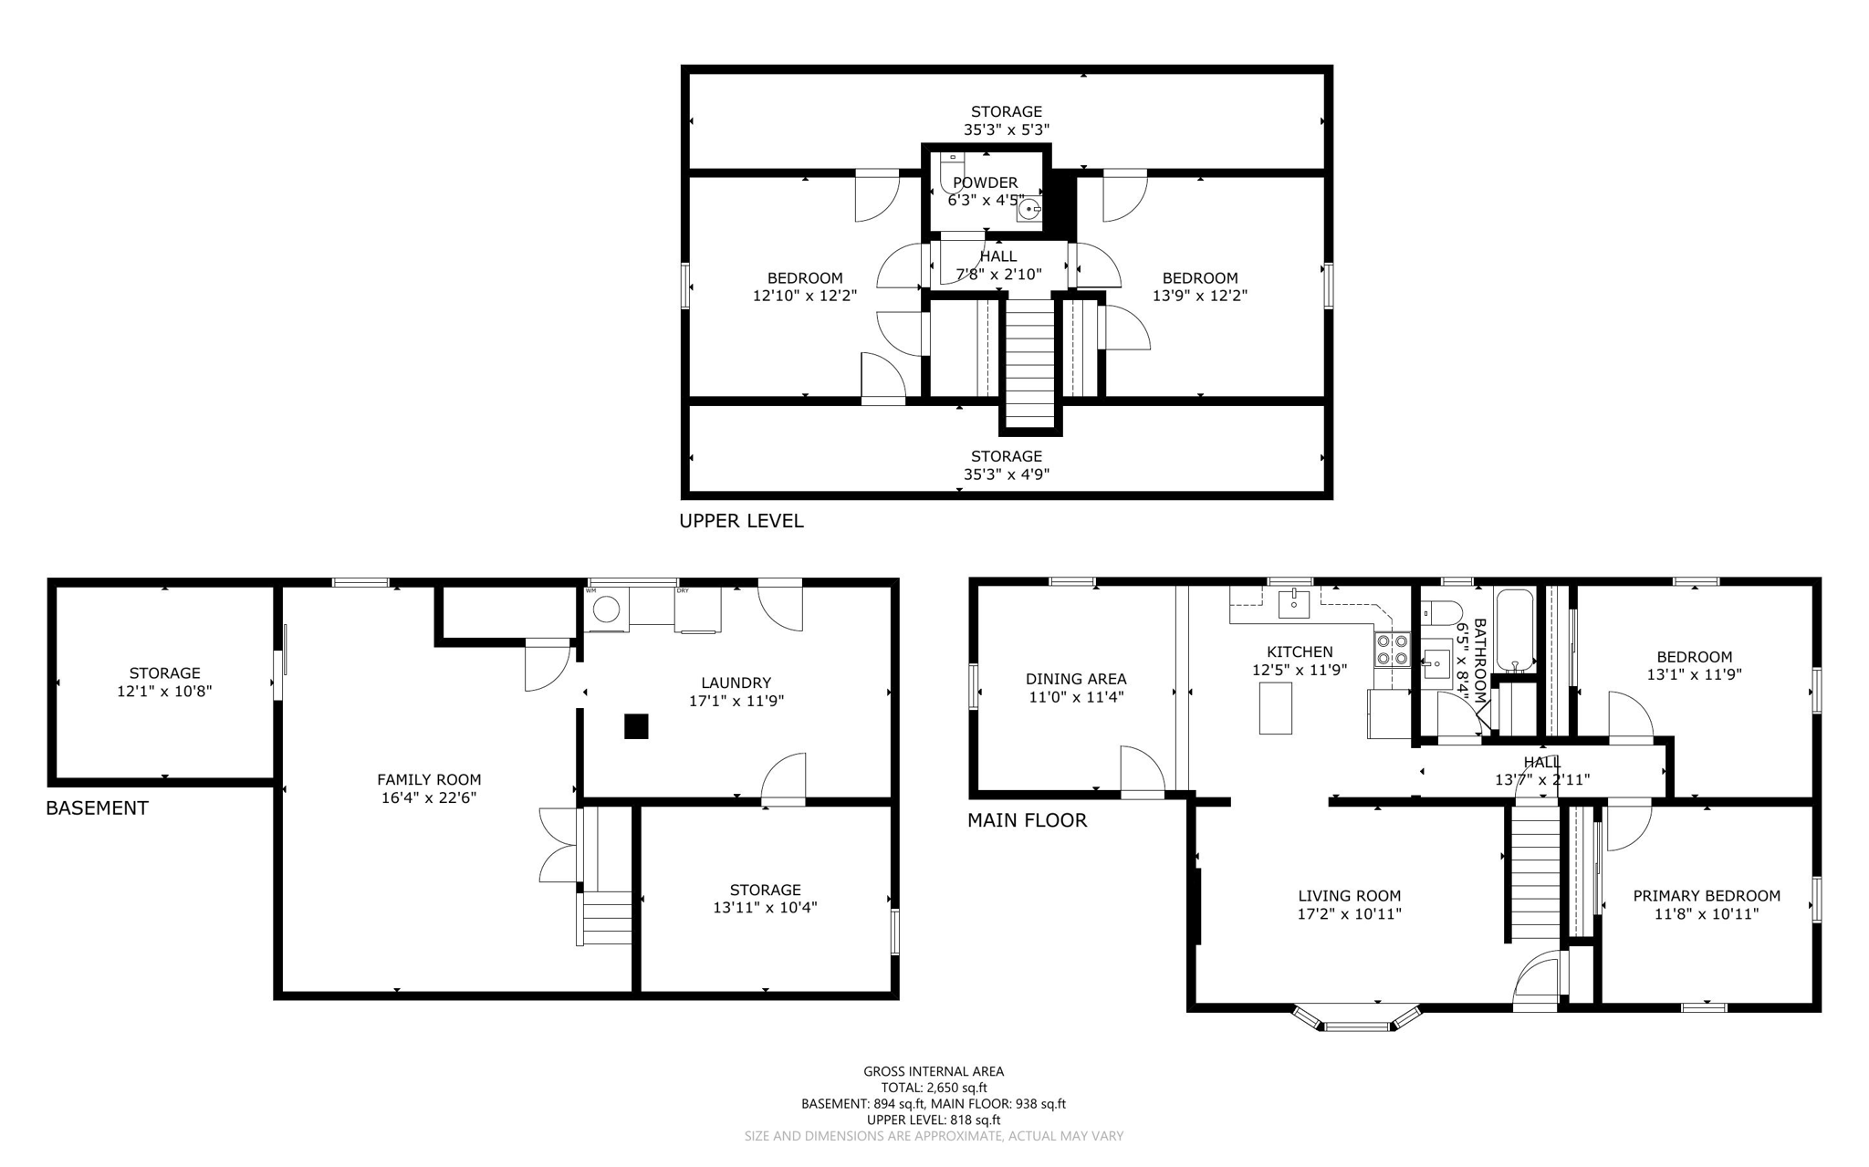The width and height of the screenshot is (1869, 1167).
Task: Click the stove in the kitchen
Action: coord(1393,649)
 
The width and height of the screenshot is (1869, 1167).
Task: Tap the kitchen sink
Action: coord(1293,604)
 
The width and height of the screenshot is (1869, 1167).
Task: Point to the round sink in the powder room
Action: coord(1029,210)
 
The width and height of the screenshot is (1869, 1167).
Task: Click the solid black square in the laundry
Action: coord(636,726)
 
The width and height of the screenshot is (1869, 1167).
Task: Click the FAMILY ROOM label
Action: coord(429,779)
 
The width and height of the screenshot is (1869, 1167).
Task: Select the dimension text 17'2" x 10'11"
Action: coord(1349,913)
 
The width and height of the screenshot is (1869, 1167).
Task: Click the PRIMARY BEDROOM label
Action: coord(1706,895)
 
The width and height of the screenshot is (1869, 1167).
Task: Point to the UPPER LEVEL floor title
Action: coord(741,521)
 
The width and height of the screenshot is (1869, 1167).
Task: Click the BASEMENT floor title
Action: coord(97,808)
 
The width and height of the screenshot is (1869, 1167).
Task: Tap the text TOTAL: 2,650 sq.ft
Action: coord(934,1088)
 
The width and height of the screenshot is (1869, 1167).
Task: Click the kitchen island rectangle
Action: coord(1275,708)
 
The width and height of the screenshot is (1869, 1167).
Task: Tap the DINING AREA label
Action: coord(1076,679)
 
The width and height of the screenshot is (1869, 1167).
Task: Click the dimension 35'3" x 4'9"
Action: coord(1007,474)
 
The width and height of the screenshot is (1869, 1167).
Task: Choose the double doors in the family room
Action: coord(558,845)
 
